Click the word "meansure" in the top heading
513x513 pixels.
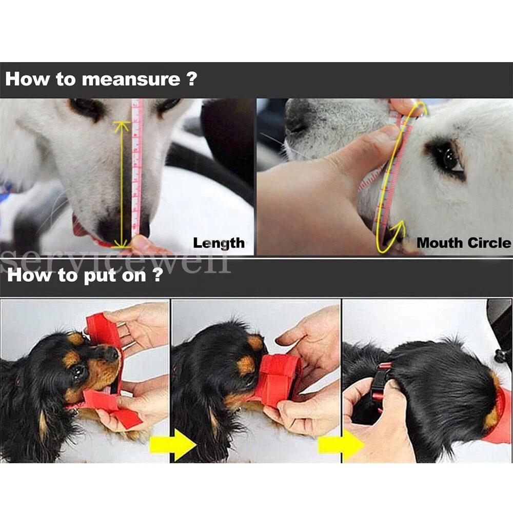[x=130, y=80]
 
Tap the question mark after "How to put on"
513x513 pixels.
[x=156, y=275]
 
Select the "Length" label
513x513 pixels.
[x=219, y=243]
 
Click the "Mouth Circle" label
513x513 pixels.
[x=464, y=243]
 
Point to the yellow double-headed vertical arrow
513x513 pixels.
[x=121, y=185]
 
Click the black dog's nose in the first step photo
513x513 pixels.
[x=111, y=354]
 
